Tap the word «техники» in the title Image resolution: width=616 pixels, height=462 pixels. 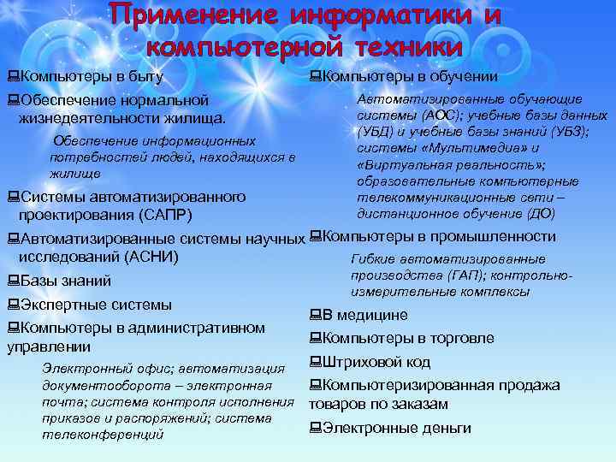[x=402, y=45]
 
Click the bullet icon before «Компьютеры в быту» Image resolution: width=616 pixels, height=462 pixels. [x=12, y=77]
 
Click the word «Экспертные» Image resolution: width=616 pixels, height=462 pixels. [x=64, y=305]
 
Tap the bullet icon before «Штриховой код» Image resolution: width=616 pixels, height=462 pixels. [x=315, y=362]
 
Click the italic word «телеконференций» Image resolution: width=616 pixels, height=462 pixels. [x=102, y=435]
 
